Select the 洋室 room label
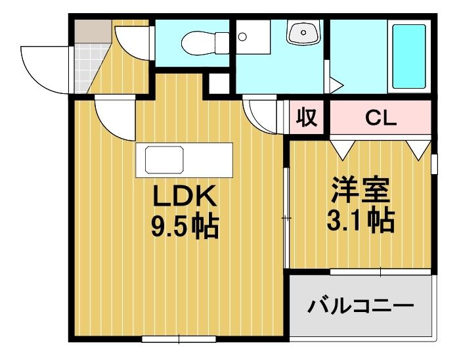[x=360, y=191]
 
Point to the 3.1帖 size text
[x=360, y=221]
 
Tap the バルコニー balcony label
[x=361, y=306]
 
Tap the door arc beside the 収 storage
[x=262, y=114]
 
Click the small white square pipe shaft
[x=219, y=83]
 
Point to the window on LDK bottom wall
[x=169, y=339]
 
